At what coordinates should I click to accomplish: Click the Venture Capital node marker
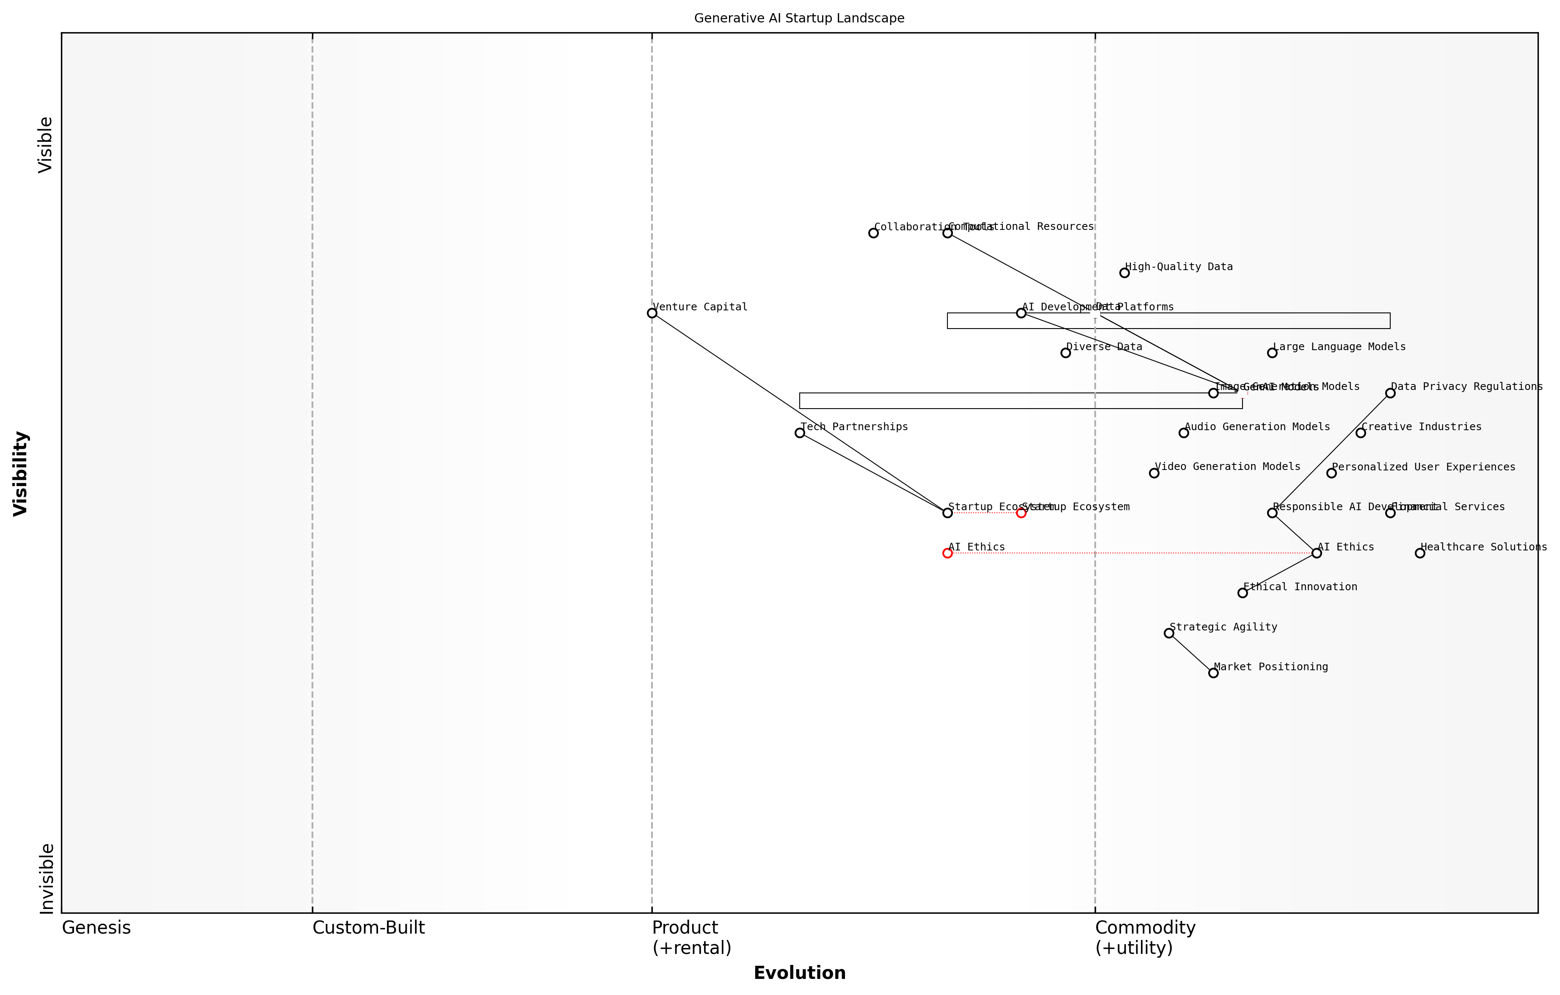click(652, 313)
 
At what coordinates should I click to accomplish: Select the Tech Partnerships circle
click(799, 433)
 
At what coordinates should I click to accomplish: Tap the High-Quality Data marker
click(1124, 273)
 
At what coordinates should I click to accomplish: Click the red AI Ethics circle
click(947, 553)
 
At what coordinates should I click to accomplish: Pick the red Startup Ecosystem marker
click(1021, 513)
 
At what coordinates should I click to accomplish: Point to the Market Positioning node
click(1213, 673)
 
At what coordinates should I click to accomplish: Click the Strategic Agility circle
click(1169, 633)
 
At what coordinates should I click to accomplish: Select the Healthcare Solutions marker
click(1420, 553)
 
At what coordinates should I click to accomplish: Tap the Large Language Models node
click(1273, 353)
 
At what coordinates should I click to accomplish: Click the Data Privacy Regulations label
click(1467, 387)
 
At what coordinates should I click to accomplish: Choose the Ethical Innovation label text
click(1300, 587)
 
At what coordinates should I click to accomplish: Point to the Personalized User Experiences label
click(1423, 467)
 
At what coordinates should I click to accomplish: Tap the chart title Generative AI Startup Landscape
click(799, 18)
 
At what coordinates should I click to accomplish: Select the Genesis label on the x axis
click(96, 928)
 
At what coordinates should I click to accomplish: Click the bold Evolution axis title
click(799, 973)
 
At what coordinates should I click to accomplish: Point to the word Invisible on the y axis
click(46, 879)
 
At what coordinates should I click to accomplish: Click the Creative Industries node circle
click(1361, 433)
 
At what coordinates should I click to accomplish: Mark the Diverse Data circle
click(1066, 353)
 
